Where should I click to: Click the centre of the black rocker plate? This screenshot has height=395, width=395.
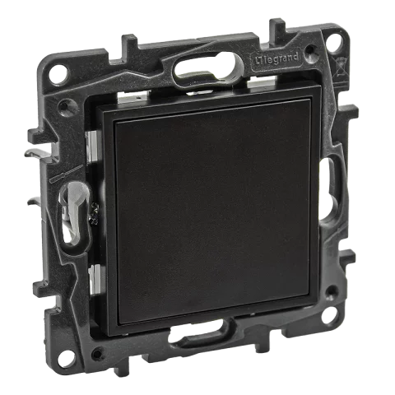(210, 223)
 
